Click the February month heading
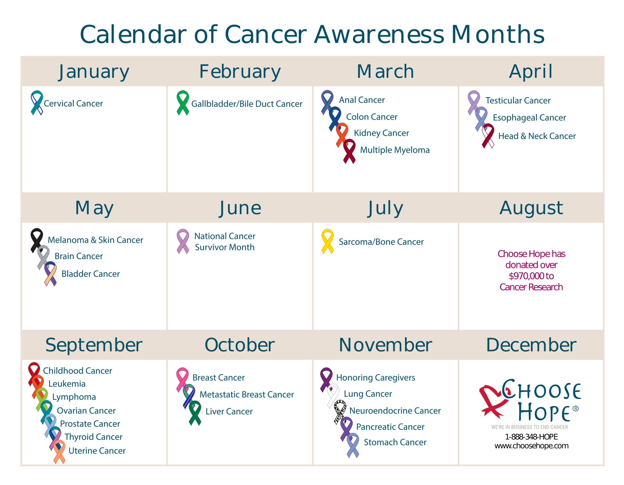[240, 71]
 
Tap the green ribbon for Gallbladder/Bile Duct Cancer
[183, 103]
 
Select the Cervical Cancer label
[73, 103]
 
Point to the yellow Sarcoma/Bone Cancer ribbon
[328, 241]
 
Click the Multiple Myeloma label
[395, 150]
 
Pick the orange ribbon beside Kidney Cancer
[342, 135]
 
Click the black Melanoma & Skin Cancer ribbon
[37, 240]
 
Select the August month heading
[531, 208]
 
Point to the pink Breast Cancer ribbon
[182, 379]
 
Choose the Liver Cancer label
[229, 411]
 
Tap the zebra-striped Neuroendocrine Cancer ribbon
[340, 412]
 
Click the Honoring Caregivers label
[376, 378]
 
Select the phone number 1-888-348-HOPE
[531, 437]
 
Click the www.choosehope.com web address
[531, 446]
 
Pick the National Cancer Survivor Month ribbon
[183, 241]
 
